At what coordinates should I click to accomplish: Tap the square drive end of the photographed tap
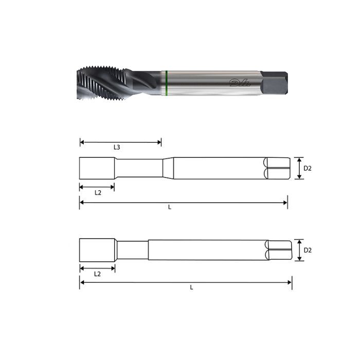[x=274, y=82]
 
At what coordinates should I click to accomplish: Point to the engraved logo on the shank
[x=237, y=82]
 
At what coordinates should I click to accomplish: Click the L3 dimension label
[x=117, y=148]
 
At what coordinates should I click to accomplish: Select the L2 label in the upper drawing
[x=98, y=192]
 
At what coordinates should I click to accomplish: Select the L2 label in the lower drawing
[x=98, y=274]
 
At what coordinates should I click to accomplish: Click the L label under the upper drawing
[x=170, y=207]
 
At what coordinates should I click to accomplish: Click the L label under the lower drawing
[x=191, y=287]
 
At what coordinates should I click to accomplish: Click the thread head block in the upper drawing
[x=97, y=168]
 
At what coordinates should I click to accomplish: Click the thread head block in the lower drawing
[x=97, y=250]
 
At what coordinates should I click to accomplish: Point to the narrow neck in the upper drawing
[x=139, y=168]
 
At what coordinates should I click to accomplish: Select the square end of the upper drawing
[x=275, y=168]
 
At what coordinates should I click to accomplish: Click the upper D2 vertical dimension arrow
[x=299, y=168]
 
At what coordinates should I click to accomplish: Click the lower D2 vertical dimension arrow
[x=299, y=250]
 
